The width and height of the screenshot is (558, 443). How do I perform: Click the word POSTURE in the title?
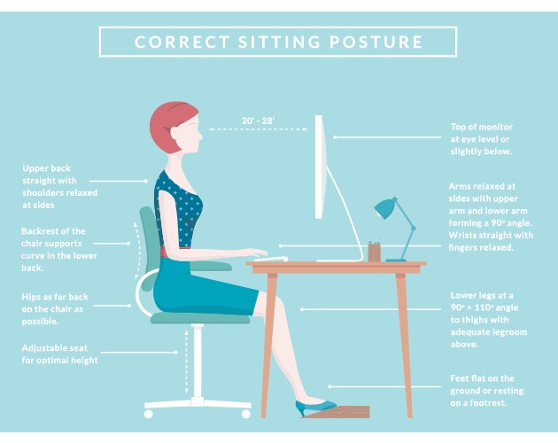click(x=376, y=42)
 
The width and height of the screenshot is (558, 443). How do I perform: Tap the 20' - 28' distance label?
click(x=258, y=121)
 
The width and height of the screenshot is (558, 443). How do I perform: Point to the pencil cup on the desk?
click(x=374, y=252)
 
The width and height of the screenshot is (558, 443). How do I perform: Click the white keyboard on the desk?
click(x=271, y=259)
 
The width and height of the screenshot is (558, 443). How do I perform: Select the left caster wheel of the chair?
click(x=149, y=414)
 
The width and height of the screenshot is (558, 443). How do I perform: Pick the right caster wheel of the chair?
click(x=246, y=414)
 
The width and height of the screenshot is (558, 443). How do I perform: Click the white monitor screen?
click(x=320, y=167)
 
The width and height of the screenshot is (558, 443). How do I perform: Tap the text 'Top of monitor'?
click(x=482, y=127)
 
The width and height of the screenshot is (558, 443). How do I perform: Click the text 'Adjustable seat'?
click(x=54, y=348)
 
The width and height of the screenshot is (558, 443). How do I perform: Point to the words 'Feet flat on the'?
click(x=482, y=378)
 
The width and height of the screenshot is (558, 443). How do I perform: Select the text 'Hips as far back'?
click(x=55, y=297)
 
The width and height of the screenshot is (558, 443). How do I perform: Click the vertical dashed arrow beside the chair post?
click(x=187, y=361)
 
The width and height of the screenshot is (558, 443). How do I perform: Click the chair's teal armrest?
click(x=211, y=266)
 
